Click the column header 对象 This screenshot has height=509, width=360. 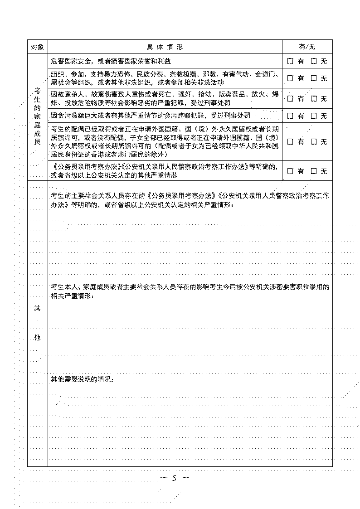point(37,47)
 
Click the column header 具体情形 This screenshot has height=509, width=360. point(165,47)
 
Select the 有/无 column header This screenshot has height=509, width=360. point(307,47)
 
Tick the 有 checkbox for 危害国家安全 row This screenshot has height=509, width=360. point(291,61)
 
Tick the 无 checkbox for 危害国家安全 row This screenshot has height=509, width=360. point(314,61)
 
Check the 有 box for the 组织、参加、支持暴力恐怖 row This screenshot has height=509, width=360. point(291,78)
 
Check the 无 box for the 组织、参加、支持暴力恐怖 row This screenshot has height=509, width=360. point(314,78)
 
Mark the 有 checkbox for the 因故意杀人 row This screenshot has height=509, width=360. point(291,98)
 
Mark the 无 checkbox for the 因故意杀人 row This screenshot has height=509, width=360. point(314,98)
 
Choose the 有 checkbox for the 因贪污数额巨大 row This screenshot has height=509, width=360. point(291,116)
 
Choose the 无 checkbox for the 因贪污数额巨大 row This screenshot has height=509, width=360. point(314,116)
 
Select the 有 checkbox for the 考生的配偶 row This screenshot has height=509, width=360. point(291,141)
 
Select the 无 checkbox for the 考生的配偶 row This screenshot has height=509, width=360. point(314,141)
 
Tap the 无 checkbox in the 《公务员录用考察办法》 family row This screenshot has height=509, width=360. point(314,171)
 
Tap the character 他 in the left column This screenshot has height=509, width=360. point(37,338)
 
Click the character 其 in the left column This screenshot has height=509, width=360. point(37,308)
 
